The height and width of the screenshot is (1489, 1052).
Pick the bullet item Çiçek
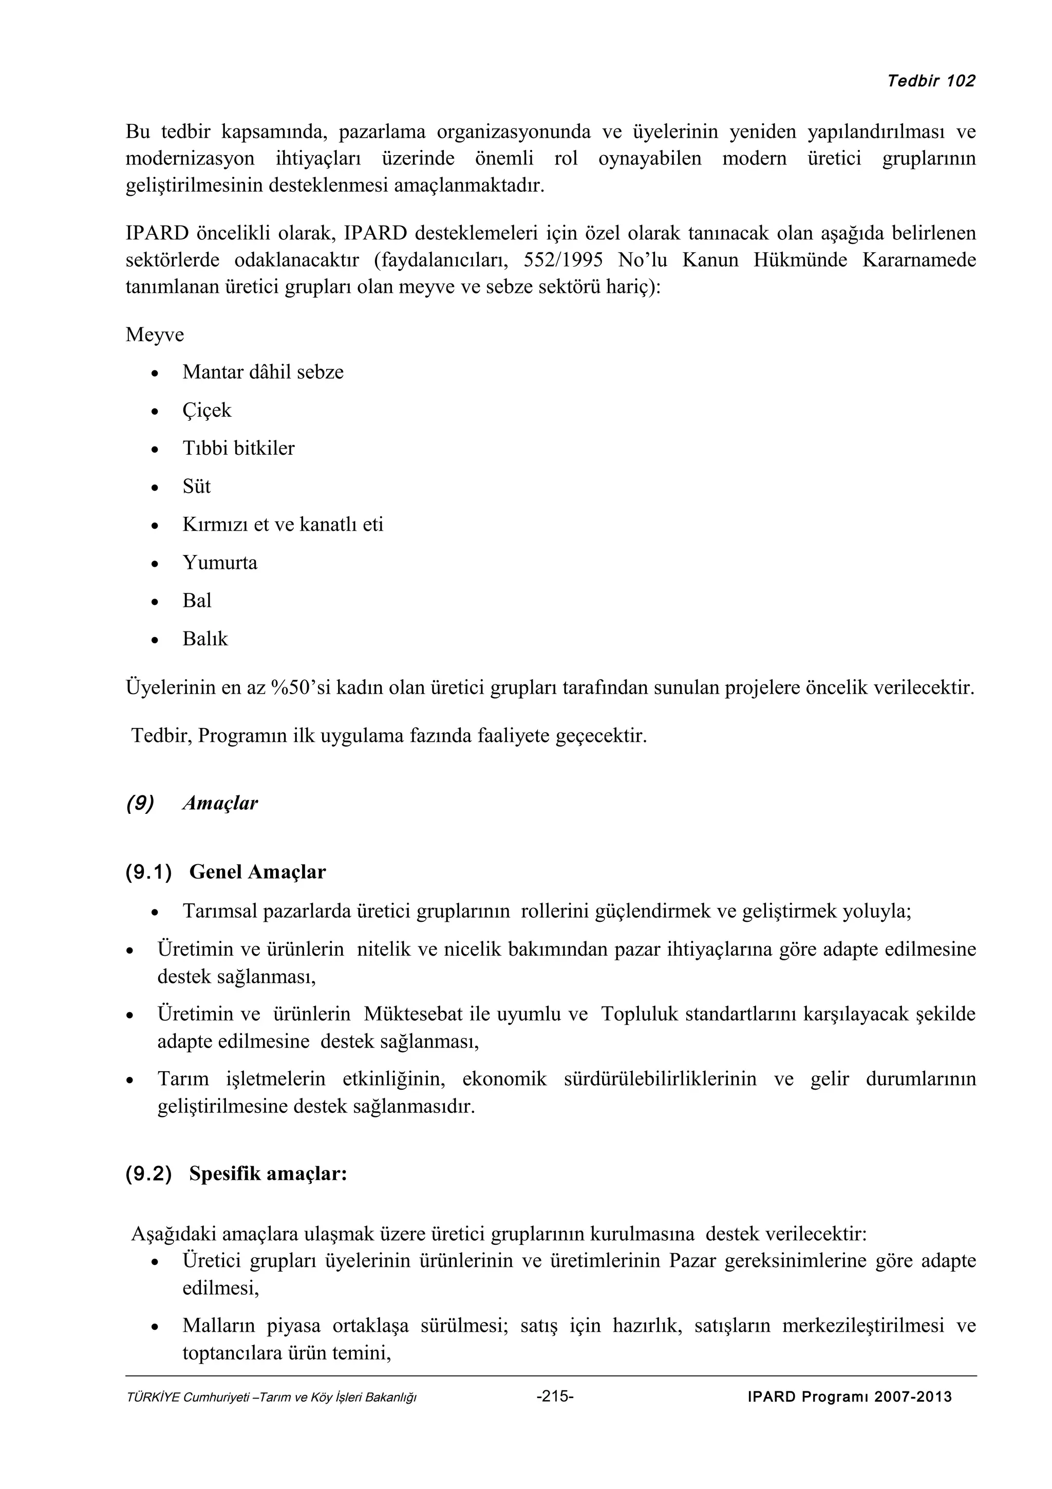pos(207,411)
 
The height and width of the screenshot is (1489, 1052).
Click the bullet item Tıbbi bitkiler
pos(238,448)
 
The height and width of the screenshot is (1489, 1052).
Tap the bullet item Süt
pos(196,487)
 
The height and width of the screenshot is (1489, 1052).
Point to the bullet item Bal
pos(197,601)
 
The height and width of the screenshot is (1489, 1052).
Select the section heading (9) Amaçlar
pos(193,804)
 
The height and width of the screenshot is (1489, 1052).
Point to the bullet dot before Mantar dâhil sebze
pos(154,374)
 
